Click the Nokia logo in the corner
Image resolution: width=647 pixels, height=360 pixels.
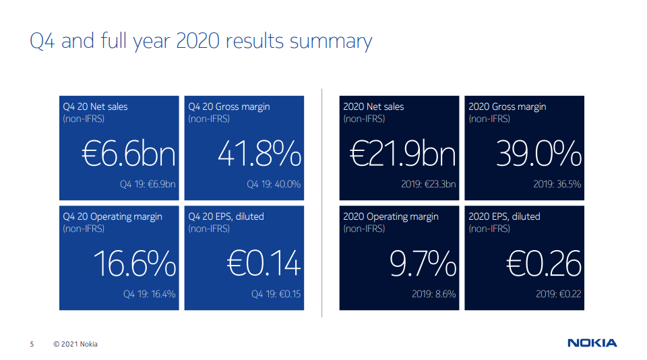point(592,343)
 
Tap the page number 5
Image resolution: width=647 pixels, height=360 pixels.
point(32,344)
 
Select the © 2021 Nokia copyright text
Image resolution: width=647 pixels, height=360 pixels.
point(75,344)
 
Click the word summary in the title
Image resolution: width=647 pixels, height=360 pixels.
point(331,42)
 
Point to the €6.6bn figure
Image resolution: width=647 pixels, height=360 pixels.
point(129,154)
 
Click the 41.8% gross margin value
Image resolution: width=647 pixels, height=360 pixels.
point(259,154)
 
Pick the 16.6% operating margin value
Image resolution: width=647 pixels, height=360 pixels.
point(135,264)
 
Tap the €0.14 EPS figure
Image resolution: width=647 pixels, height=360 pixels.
point(264,264)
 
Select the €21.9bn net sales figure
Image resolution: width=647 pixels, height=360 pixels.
point(403,154)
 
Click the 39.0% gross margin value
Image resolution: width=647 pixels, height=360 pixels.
point(539,154)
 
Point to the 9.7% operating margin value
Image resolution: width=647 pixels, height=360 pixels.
point(423,264)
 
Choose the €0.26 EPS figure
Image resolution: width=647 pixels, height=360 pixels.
point(544,264)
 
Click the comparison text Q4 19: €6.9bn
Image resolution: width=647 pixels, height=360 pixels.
point(148,184)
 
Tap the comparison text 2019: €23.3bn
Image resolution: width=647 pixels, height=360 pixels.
point(429,184)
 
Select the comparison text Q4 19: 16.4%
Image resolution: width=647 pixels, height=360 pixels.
point(150,294)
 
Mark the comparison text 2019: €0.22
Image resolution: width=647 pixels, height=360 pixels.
point(558,294)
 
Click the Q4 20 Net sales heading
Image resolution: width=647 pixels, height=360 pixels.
point(95,107)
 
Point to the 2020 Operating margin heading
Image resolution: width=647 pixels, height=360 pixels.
point(391,217)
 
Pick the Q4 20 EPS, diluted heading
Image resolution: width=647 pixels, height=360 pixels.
point(226,217)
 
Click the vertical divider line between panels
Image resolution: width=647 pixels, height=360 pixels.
point(322,203)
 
